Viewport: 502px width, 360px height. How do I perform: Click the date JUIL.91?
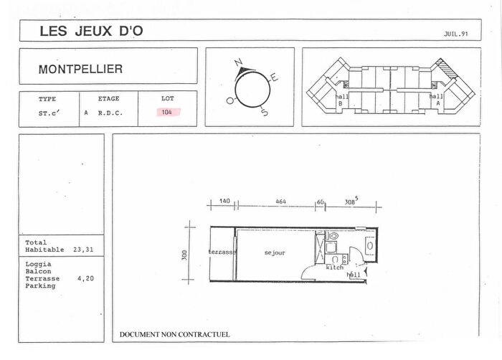click(456, 34)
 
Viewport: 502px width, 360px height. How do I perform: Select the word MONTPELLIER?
click(80, 70)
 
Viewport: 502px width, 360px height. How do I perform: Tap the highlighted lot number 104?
click(167, 113)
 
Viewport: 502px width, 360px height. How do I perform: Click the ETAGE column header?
click(108, 99)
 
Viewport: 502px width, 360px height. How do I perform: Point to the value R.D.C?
click(109, 113)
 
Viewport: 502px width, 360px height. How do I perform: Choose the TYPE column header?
click(47, 99)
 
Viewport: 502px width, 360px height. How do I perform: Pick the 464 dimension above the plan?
click(280, 203)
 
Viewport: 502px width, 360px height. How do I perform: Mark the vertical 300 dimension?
click(184, 254)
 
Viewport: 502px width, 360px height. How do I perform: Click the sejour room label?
click(275, 253)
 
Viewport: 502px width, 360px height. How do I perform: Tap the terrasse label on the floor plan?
click(222, 252)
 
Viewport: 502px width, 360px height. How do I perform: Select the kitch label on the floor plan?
click(335, 267)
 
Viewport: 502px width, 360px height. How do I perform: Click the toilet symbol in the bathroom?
click(333, 236)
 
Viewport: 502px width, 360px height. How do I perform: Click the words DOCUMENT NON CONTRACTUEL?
click(175, 334)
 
